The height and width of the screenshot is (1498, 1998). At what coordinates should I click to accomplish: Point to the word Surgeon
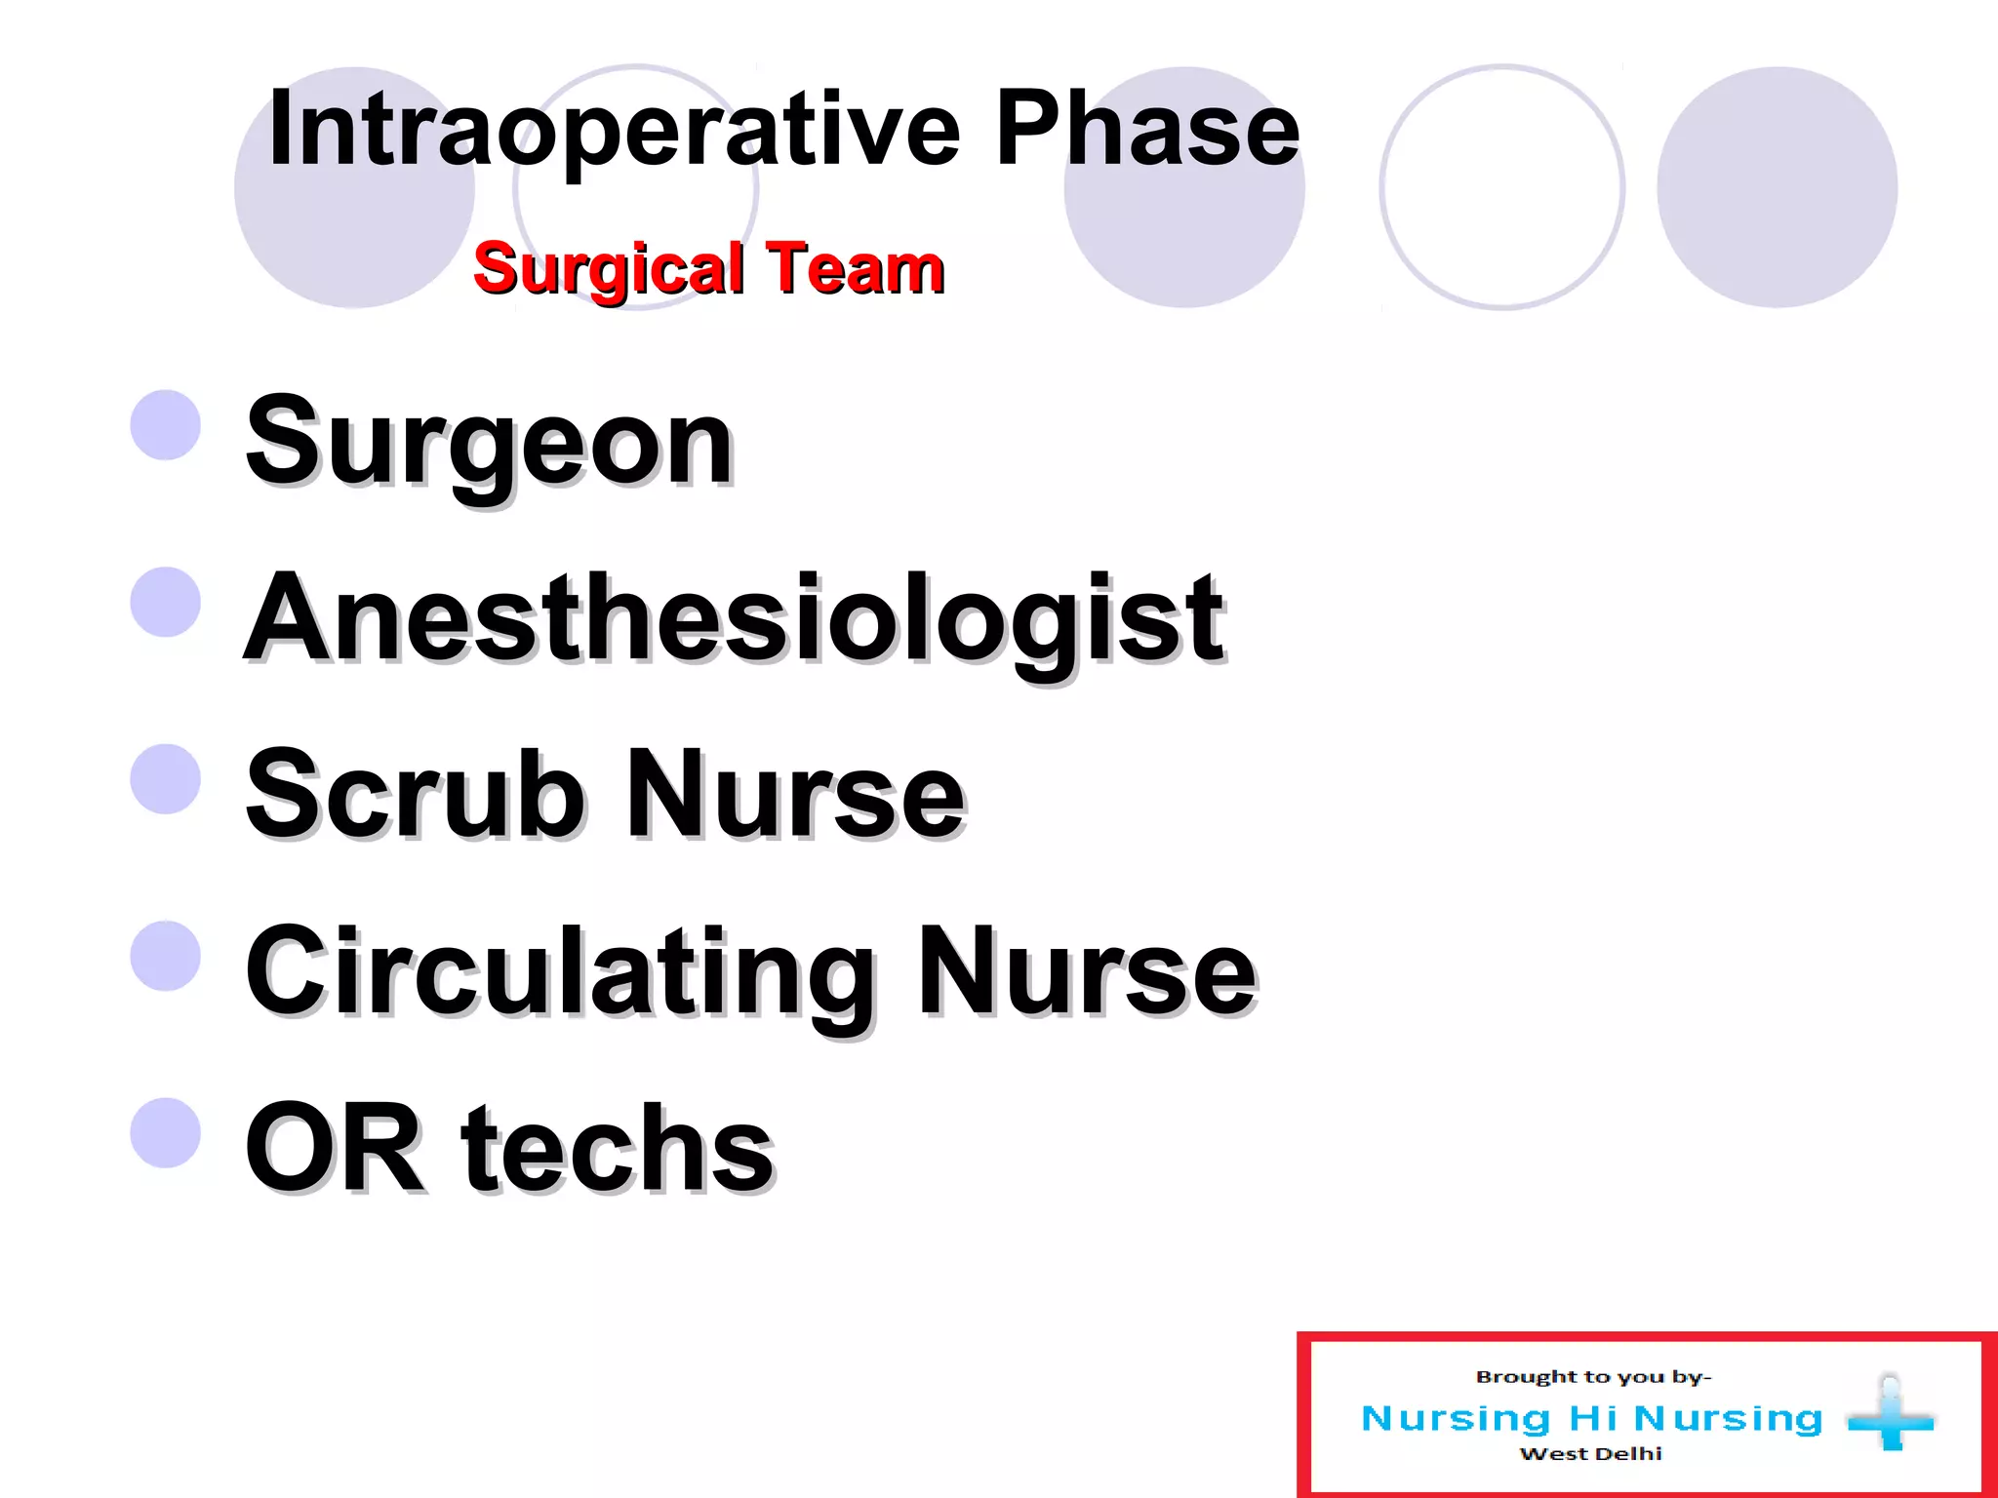[x=489, y=444]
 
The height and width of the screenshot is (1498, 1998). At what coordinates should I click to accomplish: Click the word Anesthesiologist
[x=734, y=618]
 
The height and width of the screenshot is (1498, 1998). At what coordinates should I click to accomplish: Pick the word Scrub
[x=416, y=794]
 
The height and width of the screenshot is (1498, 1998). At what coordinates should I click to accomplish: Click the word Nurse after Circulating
[x=1087, y=971]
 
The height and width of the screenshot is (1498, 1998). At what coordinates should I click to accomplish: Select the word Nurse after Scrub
[x=795, y=794]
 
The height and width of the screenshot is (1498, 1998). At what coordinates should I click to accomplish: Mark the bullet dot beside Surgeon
[x=166, y=425]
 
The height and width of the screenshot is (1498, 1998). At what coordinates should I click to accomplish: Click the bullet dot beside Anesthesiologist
[x=166, y=602]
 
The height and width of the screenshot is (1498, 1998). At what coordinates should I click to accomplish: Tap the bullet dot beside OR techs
[x=166, y=1132]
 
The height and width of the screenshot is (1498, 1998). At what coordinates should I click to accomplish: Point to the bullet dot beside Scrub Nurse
[x=166, y=778]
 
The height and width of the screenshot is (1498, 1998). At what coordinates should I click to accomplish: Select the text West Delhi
[x=1590, y=1454]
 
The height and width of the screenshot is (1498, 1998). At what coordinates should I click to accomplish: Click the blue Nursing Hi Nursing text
[x=1591, y=1418]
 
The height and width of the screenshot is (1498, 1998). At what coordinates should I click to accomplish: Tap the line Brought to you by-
[x=1593, y=1377]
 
